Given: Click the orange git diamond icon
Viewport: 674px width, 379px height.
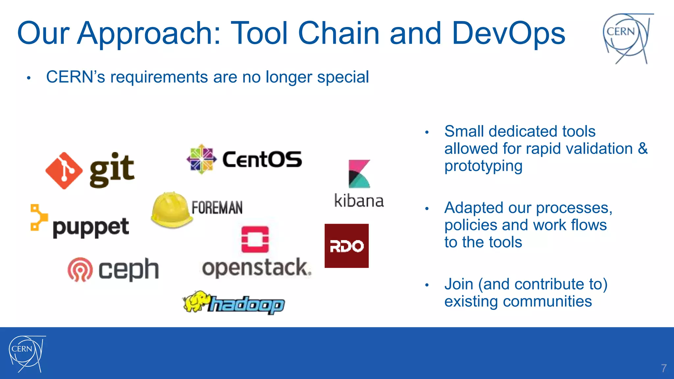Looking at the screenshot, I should pos(64,171).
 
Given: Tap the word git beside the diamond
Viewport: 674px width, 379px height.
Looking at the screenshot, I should pos(112,170).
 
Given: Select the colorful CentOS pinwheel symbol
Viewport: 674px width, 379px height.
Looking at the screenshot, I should pos(201,159).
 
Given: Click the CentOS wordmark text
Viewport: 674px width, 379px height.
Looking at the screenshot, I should pos(262,160).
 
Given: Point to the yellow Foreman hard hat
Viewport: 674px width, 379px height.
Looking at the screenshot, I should pos(171,210).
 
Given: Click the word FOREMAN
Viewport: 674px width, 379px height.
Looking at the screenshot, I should pos(217,208).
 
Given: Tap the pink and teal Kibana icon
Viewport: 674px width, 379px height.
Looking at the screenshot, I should pos(359,174).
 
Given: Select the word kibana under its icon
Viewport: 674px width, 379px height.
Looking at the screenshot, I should pos(359,201).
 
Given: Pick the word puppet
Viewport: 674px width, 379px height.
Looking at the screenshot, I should pos(91,227).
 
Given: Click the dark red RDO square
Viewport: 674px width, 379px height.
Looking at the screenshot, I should pos(347,246).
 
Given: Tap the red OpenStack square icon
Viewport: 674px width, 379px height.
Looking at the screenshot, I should pos(255,239).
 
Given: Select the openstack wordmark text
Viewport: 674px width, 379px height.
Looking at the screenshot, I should pos(256,268).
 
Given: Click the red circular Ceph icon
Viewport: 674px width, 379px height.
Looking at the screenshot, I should pos(80,269).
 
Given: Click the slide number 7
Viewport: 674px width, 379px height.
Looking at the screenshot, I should pos(664,368).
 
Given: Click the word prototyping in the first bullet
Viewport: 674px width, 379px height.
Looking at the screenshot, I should pos(483,166).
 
